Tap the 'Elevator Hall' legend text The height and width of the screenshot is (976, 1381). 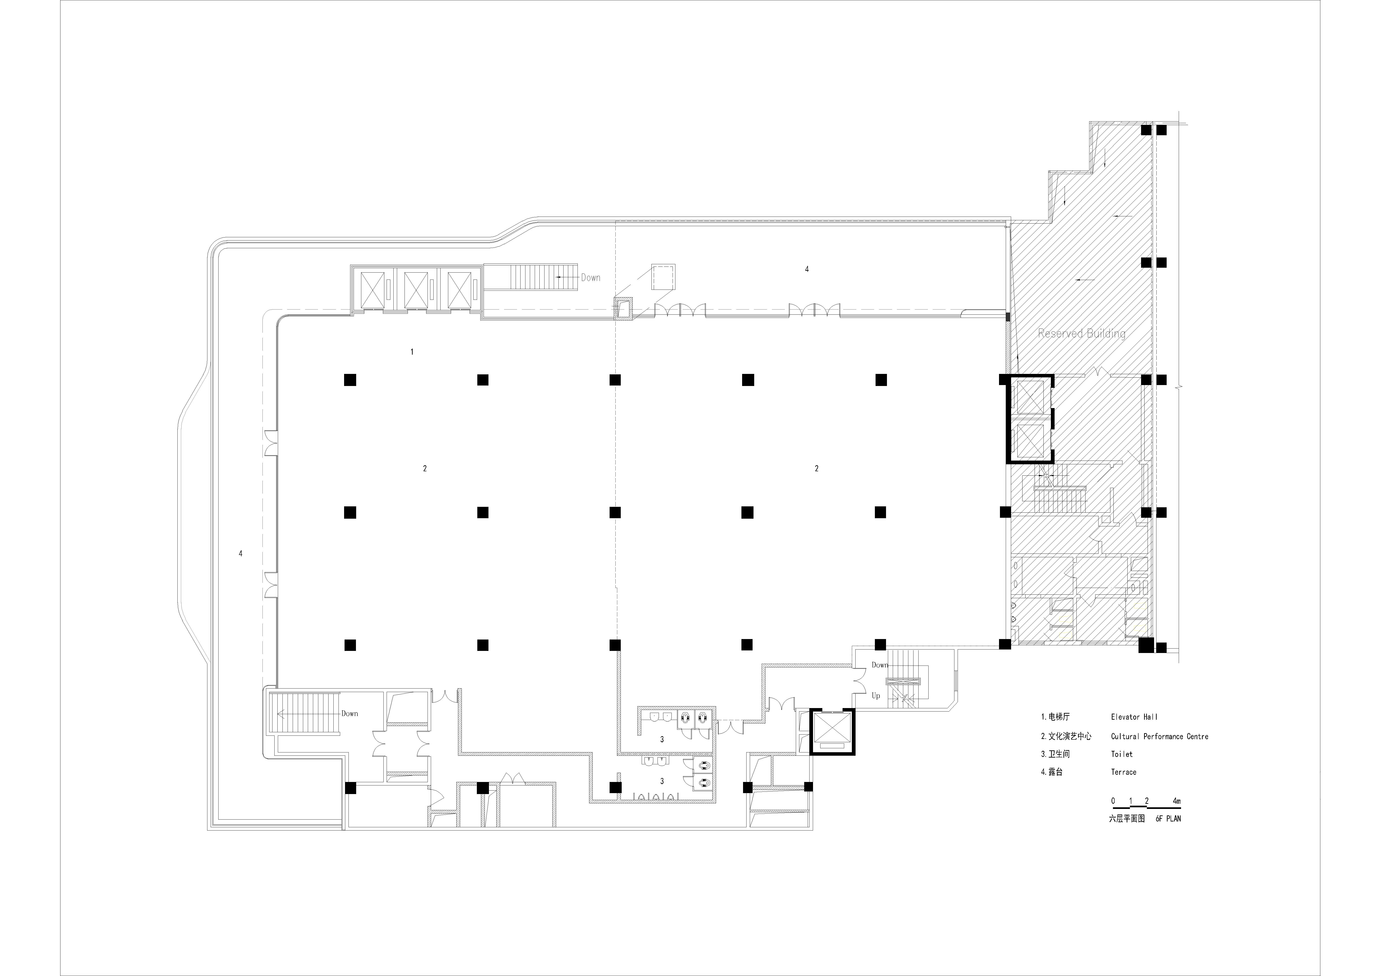1134,717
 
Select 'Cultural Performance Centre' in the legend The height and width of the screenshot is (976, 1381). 1159,736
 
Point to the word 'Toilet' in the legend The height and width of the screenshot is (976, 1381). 1121,754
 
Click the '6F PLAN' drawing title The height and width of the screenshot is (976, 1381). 1168,818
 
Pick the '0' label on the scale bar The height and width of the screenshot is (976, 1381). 1113,801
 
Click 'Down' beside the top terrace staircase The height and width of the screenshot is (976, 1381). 590,278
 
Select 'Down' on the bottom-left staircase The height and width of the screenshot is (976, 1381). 349,714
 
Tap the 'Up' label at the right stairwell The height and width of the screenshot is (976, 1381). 876,696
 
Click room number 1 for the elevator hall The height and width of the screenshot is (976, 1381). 412,352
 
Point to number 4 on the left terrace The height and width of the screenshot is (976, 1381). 241,553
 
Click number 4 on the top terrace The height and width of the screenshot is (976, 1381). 807,269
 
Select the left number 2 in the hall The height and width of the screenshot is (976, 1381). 425,468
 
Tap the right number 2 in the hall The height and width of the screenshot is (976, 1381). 816,468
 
